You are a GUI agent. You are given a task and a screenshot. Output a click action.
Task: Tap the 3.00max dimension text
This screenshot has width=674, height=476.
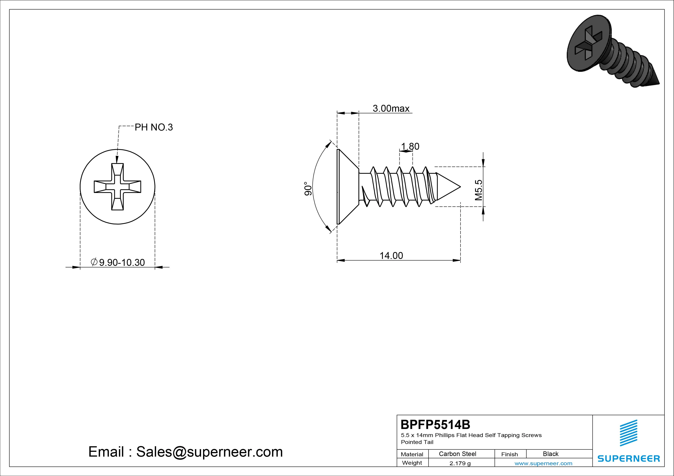click(x=391, y=108)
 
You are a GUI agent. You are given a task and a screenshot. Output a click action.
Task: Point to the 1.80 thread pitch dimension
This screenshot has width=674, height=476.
click(x=410, y=146)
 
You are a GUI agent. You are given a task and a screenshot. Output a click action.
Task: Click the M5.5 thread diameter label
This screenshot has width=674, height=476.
click(x=478, y=190)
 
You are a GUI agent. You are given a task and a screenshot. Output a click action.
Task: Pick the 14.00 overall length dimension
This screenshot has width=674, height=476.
click(x=391, y=255)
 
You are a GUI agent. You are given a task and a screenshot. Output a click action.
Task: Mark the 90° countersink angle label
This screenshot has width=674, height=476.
click(x=308, y=189)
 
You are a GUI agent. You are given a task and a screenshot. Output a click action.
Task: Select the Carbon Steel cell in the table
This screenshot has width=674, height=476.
click(x=457, y=454)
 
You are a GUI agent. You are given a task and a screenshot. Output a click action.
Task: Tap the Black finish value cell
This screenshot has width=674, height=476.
click(x=551, y=454)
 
